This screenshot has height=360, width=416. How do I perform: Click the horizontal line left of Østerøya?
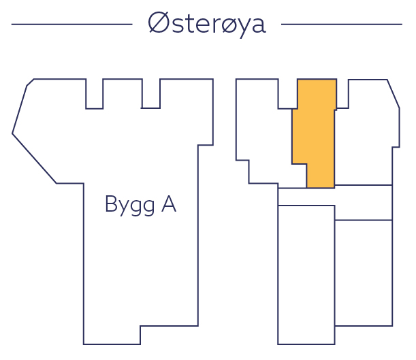tap(71, 24)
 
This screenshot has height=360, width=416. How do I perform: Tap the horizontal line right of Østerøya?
tap(341, 24)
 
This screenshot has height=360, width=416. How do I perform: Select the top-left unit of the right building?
tap(262, 136)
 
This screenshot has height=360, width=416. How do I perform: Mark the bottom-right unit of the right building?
tap(363, 272)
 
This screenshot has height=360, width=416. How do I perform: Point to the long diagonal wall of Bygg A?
tap(34, 159)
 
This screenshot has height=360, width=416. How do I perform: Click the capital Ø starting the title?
tap(158, 24)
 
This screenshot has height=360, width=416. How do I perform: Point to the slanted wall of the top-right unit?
tap(394, 93)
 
